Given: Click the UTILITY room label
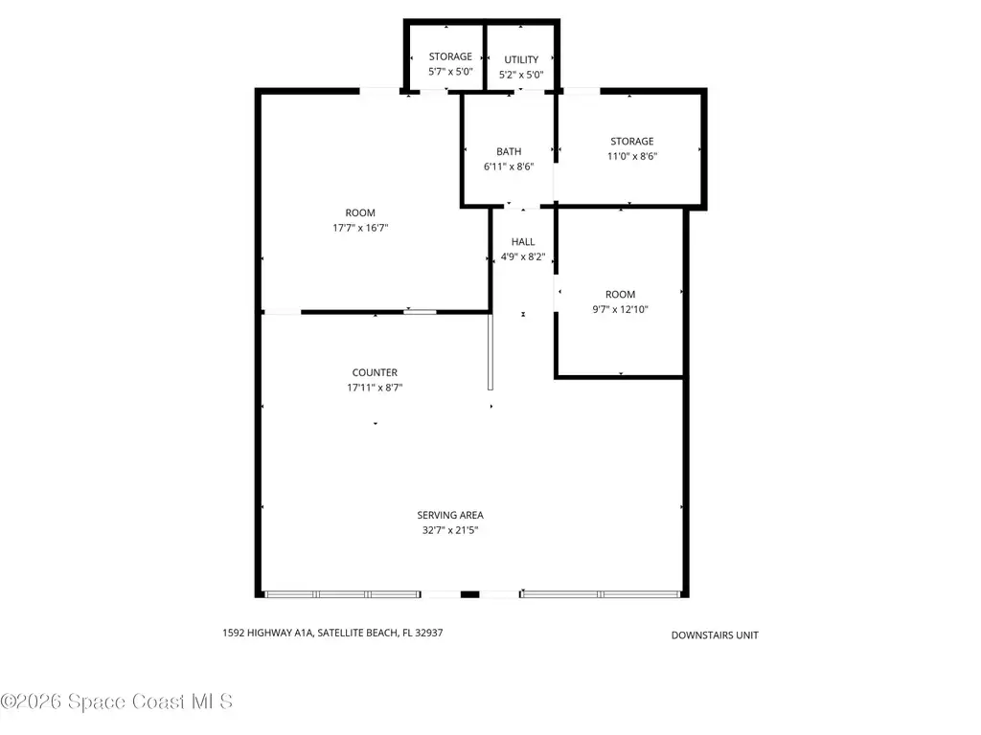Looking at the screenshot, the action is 521,59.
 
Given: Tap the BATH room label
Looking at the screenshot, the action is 509,151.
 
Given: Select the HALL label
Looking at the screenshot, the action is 523,242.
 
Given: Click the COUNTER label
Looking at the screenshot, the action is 375,372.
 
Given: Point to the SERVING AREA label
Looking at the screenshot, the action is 450,515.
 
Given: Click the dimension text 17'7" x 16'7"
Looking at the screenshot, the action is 360,228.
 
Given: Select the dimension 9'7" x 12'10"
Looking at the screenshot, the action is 620,309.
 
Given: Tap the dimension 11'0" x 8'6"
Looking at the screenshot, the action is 632,156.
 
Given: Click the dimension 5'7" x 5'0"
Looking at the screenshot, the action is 450,72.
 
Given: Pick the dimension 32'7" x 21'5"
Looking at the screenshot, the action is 450,530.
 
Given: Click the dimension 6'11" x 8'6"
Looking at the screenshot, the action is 509,167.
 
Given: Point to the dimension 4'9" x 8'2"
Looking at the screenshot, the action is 523,256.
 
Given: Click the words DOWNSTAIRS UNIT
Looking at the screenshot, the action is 715,635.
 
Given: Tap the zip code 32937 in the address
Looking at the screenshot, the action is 428,633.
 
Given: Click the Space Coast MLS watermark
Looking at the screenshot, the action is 116,702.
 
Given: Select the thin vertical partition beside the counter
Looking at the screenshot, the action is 490,352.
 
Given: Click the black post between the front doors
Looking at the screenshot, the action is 469,594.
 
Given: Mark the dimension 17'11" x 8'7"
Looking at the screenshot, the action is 375,388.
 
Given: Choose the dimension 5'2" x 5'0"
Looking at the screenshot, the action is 521,75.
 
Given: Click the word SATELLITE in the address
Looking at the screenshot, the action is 340,633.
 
